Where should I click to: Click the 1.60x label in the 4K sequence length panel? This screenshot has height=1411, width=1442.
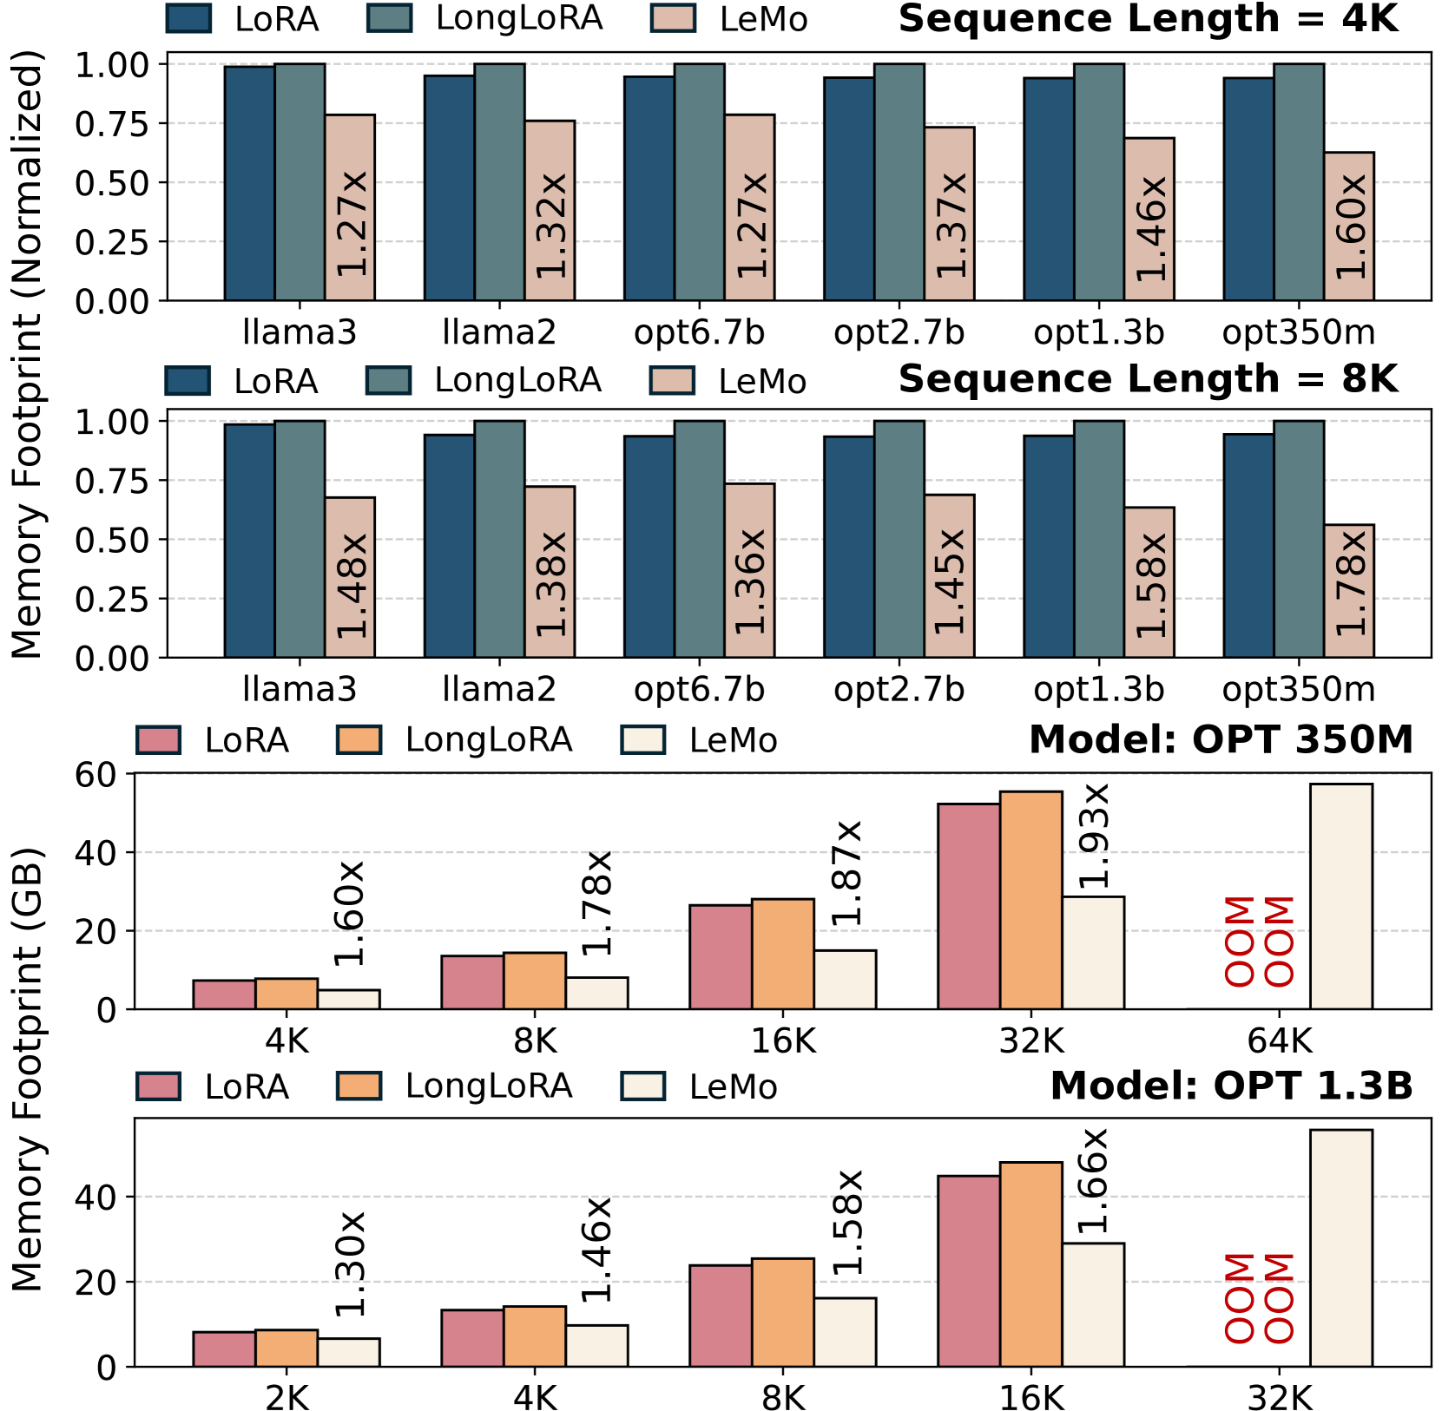1350,226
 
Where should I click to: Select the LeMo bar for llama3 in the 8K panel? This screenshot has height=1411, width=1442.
350,577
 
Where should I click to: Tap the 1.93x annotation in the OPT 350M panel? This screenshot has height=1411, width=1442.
1092,836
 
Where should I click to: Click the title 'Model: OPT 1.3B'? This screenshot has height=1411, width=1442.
1231,1086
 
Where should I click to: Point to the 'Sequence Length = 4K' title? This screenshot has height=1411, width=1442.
1148,19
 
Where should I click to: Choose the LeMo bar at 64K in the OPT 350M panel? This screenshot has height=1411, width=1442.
1340,896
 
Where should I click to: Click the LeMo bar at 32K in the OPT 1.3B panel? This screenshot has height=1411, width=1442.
1340,1247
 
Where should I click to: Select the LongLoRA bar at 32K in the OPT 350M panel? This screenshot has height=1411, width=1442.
1030,900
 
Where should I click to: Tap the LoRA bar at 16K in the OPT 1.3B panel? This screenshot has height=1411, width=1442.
968,1270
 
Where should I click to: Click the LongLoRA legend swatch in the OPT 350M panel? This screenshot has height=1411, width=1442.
359,740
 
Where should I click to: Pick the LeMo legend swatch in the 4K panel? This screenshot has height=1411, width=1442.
673,19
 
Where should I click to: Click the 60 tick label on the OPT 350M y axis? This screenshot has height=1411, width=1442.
95,774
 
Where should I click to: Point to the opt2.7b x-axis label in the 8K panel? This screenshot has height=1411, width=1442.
899,689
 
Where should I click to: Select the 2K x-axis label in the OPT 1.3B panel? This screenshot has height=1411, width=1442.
286,1398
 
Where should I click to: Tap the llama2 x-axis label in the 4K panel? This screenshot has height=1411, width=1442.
499,332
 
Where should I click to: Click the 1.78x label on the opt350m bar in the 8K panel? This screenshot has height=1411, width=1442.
1350,583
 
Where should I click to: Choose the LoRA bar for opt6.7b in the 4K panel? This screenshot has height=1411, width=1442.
649,188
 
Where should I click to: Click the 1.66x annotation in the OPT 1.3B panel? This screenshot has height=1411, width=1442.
1092,1180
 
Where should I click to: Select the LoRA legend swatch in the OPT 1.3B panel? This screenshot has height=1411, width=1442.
158,1086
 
